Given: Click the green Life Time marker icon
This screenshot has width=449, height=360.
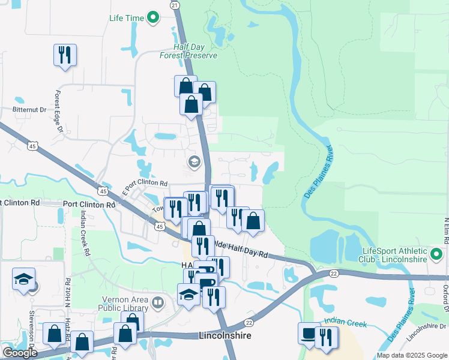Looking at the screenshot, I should pyautogui.click(x=153, y=18).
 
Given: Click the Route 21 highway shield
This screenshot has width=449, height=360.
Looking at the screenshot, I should pyautogui.click(x=175, y=5).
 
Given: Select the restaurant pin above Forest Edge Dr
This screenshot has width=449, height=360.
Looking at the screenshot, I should pyautogui.click(x=64, y=55).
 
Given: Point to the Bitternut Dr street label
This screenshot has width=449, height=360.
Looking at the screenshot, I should pyautogui.click(x=29, y=110).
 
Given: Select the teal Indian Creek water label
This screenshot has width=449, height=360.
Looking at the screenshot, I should pyautogui.click(x=345, y=323).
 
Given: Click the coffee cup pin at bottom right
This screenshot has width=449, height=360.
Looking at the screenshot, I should pyautogui.click(x=309, y=333).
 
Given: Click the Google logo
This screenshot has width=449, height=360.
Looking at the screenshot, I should pyautogui.click(x=20, y=353).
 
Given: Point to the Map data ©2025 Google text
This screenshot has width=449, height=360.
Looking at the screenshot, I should pyautogui.click(x=411, y=355).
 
